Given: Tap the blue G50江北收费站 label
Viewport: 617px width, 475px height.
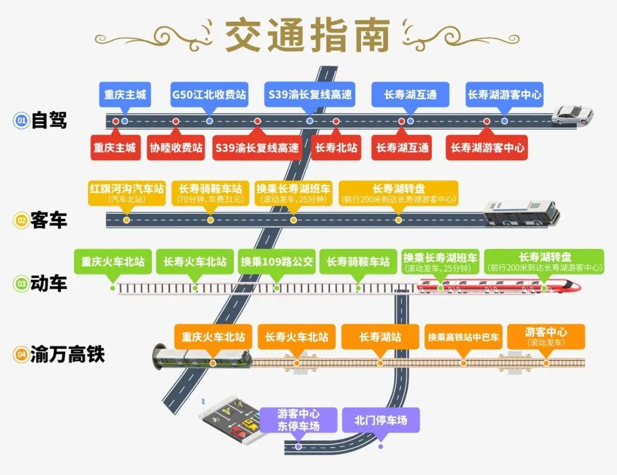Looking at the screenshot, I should pos(209,95).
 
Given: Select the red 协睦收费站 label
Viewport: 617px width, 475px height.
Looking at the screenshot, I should pos(176,147).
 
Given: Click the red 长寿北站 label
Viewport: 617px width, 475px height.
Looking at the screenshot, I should pos(336,147).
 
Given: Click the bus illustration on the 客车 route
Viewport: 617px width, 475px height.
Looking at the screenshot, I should pos(520,214).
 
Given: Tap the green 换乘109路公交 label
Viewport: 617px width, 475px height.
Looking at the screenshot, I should pos(277,262).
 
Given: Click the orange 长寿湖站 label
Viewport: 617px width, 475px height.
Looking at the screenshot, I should pos(380,337).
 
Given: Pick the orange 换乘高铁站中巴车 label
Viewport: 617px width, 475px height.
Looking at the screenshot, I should pos(463,337).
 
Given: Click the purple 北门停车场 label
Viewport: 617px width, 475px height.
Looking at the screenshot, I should pos(380,421).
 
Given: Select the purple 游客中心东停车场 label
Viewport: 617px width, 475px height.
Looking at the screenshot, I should pos(298,420).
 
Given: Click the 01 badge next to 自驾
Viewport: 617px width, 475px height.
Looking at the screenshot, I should pos(21,120).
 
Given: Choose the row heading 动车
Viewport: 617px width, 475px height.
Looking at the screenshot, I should pos(49,284).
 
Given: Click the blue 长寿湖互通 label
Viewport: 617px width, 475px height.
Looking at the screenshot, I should pos(410,95).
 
